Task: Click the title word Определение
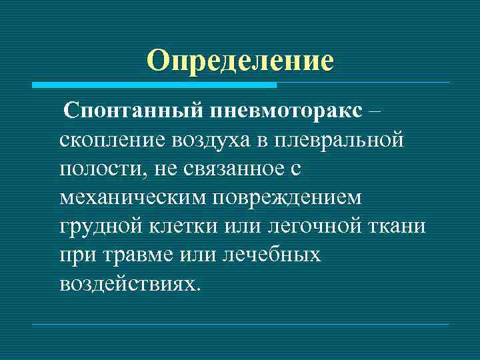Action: pyautogui.click(x=240, y=61)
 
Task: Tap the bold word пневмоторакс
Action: pyautogui.click(x=279, y=112)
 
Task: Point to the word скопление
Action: pyautogui.click(x=111, y=140)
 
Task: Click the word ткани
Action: pyautogui.click(x=398, y=226)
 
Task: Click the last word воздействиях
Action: pyautogui.click(x=129, y=283)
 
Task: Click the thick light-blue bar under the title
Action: pyautogui.click(x=153, y=85)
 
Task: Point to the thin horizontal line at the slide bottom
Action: pyautogui.click(x=240, y=325)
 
